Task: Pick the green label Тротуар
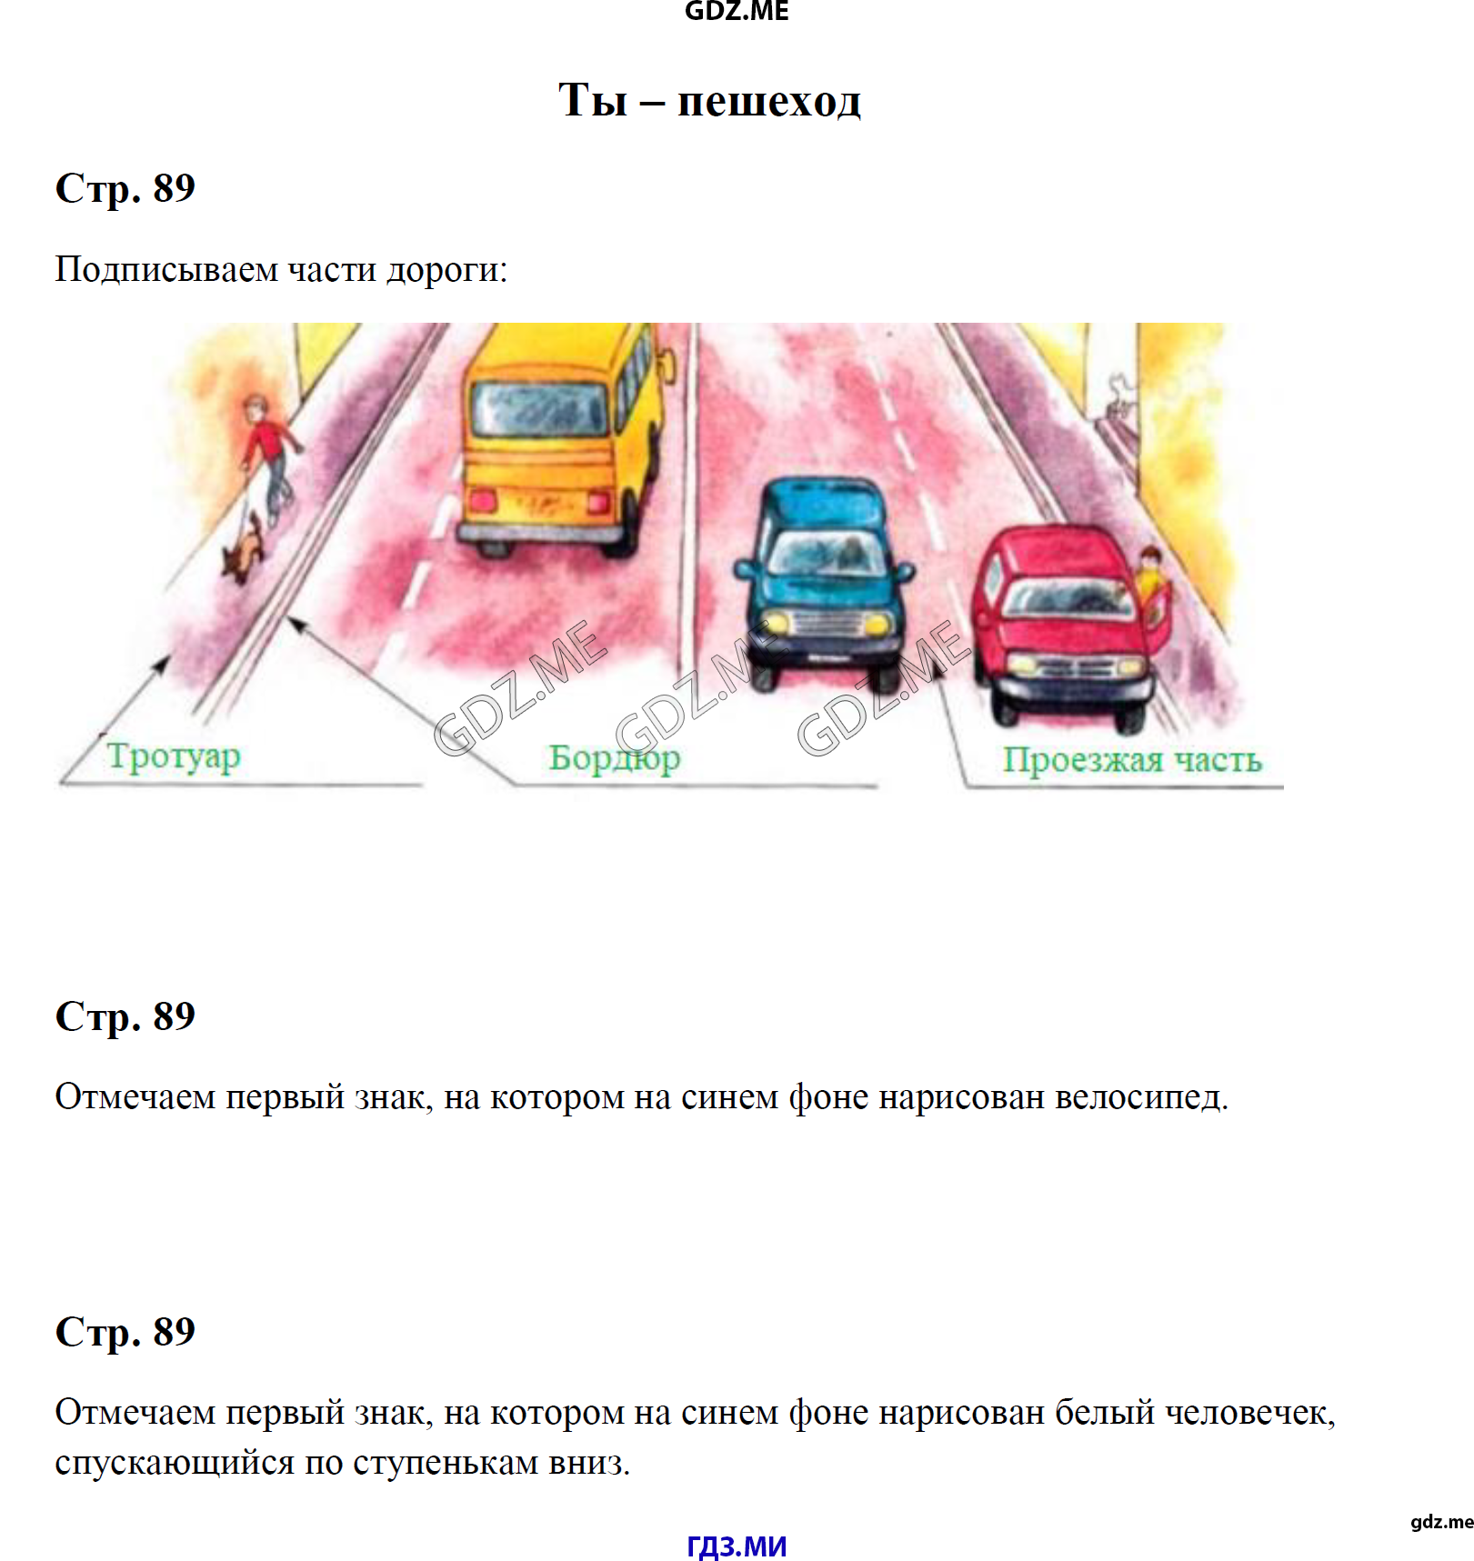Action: pyautogui.click(x=174, y=756)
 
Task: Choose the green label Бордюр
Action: pyautogui.click(x=615, y=758)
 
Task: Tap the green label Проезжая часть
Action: pyautogui.click(x=1132, y=760)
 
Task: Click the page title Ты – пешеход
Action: pyautogui.click(x=709, y=99)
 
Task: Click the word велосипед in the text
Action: pyautogui.click(x=1141, y=1097)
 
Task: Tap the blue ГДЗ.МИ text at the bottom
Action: pyautogui.click(x=737, y=1546)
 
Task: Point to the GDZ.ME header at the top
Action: pyautogui.click(x=737, y=11)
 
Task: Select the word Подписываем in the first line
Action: pyautogui.click(x=166, y=270)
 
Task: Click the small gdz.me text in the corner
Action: pyautogui.click(x=1442, y=1522)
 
